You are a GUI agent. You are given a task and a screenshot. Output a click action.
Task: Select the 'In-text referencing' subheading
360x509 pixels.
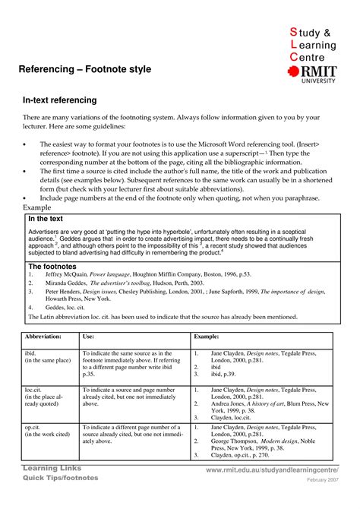[59, 100]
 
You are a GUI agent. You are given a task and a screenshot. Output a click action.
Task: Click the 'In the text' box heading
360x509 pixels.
[46, 219]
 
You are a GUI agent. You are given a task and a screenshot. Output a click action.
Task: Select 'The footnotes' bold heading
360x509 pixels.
[52, 267]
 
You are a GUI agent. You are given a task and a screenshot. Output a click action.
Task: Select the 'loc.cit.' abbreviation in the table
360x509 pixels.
[35, 389]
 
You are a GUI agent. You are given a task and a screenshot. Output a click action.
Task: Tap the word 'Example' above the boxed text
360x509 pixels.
[36, 207]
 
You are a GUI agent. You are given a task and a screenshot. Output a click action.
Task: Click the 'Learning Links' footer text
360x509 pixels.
[52, 468]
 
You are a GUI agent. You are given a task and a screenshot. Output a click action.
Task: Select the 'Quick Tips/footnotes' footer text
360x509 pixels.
[61, 478]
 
